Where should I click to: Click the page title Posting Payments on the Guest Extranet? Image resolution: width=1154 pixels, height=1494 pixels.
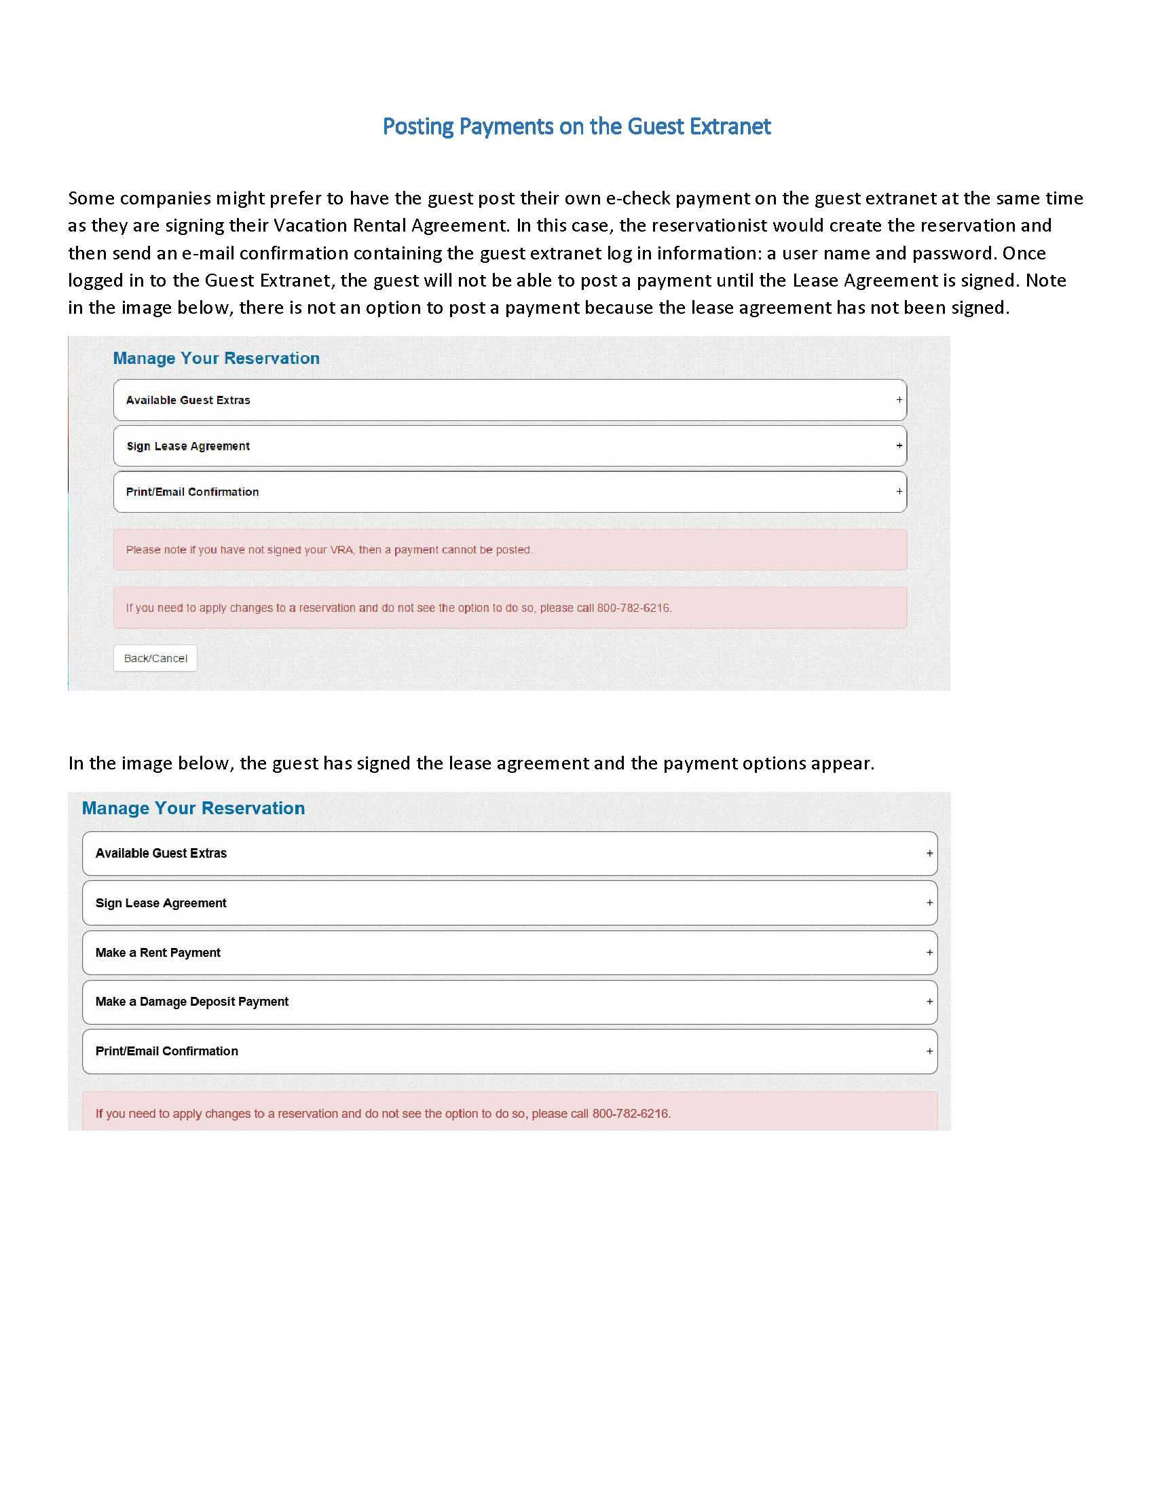tap(576, 126)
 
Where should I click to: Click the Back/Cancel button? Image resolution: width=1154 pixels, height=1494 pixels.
tap(155, 658)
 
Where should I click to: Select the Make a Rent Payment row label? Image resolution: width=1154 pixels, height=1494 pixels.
tap(158, 952)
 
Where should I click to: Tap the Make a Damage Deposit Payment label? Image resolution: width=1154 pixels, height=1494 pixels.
tap(192, 1002)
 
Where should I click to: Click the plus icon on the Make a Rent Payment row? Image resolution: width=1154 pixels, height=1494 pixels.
tap(929, 952)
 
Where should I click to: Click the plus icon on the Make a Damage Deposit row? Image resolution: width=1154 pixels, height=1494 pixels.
tap(929, 1002)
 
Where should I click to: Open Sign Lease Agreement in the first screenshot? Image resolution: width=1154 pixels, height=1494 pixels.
tap(188, 446)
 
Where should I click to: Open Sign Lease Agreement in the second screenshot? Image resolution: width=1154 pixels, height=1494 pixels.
tap(161, 903)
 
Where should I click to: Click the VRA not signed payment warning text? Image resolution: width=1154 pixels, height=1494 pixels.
tap(329, 550)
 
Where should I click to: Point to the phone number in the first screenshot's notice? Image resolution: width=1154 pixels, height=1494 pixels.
tap(634, 608)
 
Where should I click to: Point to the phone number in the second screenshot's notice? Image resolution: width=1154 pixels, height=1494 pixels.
tap(631, 1114)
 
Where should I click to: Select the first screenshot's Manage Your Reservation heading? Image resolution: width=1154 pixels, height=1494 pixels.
tap(216, 359)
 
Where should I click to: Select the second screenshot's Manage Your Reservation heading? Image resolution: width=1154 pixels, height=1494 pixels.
tap(193, 808)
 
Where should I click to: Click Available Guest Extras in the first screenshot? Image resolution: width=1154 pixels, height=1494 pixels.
tap(188, 400)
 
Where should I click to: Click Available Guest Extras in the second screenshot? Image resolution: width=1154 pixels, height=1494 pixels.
tap(161, 853)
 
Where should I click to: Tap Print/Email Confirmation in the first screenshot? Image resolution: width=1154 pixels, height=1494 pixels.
tap(192, 492)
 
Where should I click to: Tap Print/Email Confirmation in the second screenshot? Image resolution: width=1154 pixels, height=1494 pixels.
tap(167, 1051)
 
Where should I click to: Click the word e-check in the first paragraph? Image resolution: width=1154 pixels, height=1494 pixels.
tap(638, 198)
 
